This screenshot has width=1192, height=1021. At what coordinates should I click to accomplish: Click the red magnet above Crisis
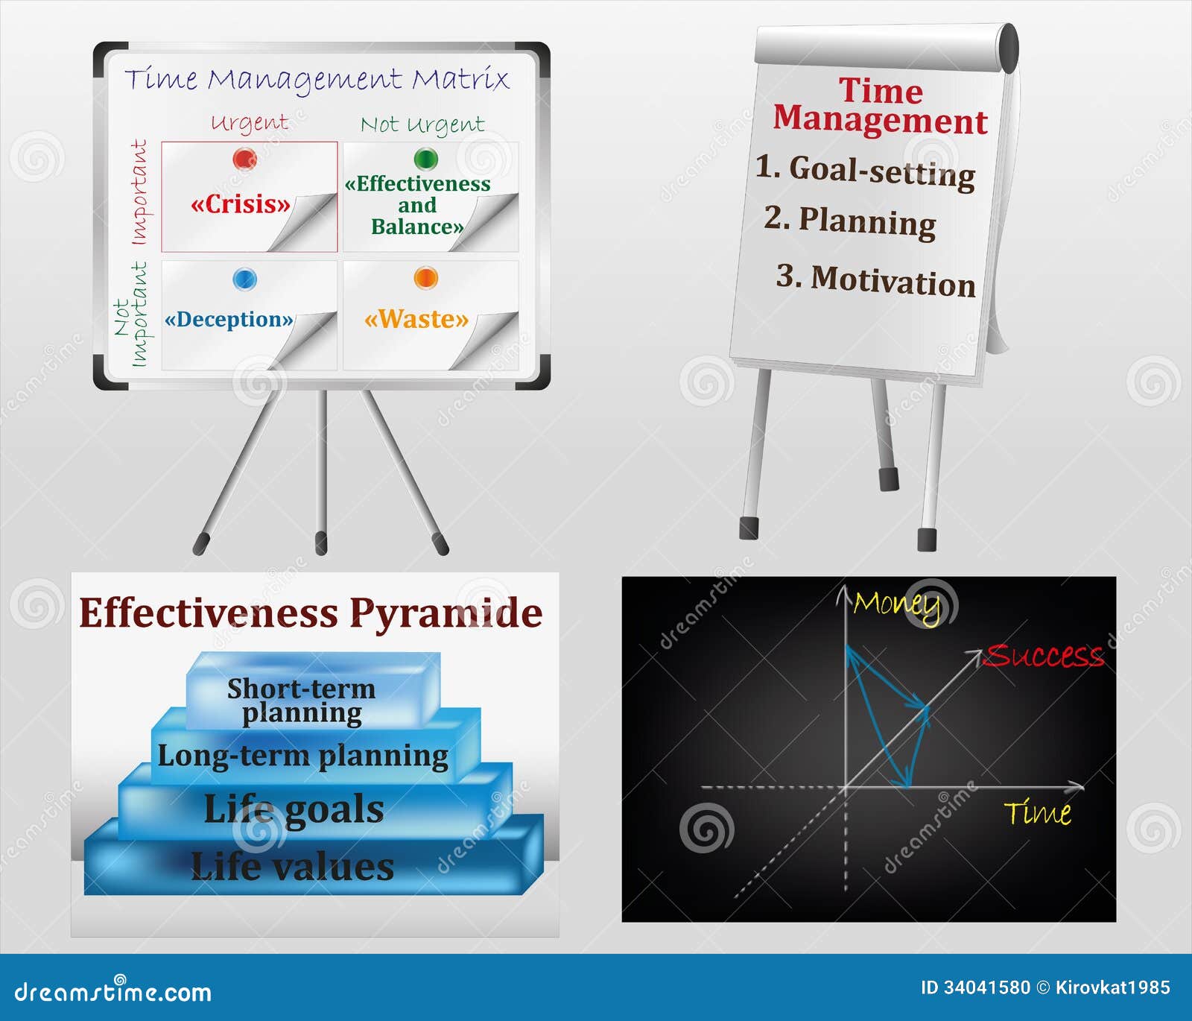[244, 159]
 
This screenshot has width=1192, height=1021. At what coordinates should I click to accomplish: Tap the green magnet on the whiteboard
[425, 159]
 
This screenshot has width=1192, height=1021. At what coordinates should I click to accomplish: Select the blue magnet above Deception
[244, 279]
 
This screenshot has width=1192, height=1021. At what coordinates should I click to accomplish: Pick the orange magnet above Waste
[425, 278]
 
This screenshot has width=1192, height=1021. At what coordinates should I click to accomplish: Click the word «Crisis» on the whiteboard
[240, 204]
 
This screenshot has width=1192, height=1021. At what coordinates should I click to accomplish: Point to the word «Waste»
[416, 319]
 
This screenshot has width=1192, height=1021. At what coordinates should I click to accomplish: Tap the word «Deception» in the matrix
[229, 320]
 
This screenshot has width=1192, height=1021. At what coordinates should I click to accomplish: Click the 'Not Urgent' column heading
[422, 124]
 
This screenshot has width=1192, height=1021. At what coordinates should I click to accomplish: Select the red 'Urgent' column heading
[249, 123]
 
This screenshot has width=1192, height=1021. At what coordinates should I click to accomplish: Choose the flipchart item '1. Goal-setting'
[865, 171]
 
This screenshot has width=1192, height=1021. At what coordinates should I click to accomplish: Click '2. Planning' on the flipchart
[850, 221]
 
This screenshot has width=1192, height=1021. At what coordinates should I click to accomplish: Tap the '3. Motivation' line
[875, 280]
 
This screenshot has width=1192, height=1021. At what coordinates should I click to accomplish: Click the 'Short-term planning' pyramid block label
[302, 701]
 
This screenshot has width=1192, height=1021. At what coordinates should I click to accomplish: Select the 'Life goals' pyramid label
[294, 810]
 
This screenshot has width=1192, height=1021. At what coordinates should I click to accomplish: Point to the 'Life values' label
[292, 867]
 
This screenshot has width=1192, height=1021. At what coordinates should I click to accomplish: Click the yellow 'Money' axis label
[897, 606]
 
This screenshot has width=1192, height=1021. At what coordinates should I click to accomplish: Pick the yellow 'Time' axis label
[1038, 812]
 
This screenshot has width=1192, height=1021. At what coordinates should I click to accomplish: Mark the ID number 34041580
[986, 988]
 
